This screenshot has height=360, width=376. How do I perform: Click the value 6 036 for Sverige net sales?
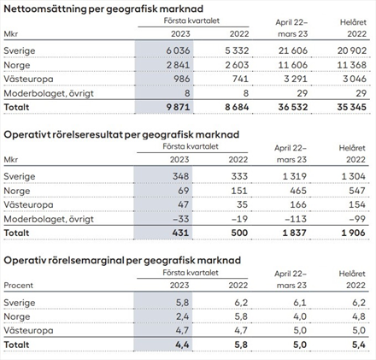(178, 50)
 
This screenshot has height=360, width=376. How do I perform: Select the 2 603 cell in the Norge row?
(237, 65)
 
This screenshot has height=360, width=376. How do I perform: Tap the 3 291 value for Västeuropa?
(296, 79)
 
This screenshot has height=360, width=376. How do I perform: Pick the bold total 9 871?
(178, 107)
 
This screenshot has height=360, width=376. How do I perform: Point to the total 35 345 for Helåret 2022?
(352, 107)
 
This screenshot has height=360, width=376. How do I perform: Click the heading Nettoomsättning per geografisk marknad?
(103, 9)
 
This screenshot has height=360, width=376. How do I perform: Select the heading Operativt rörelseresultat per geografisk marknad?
(121, 135)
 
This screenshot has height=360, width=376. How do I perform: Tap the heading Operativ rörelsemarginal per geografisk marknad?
(122, 261)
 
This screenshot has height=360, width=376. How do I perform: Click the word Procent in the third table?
(19, 286)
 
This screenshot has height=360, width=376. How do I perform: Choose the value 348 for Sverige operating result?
(180, 176)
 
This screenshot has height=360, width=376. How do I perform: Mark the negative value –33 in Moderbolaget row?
(180, 219)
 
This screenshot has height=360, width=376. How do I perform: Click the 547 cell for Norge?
(357, 191)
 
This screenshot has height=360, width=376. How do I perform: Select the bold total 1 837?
(295, 233)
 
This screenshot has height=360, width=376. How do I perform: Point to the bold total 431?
(180, 233)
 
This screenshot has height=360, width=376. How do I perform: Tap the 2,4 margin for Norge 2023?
(182, 316)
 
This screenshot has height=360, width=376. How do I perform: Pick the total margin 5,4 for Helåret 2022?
(359, 345)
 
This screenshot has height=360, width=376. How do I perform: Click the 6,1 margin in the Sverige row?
(300, 303)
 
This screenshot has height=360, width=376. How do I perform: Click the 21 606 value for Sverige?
(293, 50)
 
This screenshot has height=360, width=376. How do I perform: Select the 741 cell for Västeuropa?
(240, 79)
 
